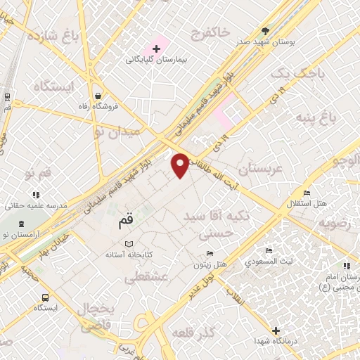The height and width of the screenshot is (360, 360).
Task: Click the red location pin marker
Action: point(181,165)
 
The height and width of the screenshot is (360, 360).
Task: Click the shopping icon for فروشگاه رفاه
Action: point(96,96)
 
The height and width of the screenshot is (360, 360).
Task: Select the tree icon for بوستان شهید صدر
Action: point(265,32)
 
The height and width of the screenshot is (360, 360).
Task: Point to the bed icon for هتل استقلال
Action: point(306,192)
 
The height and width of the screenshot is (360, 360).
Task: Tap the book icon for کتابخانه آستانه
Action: point(129,245)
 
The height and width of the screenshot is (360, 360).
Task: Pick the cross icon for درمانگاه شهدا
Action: point(276,330)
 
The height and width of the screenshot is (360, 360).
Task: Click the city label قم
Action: point(120,224)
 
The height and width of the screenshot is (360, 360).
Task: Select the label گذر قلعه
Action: point(207,332)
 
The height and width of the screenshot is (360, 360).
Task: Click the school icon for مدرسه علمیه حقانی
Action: point(35,194)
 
